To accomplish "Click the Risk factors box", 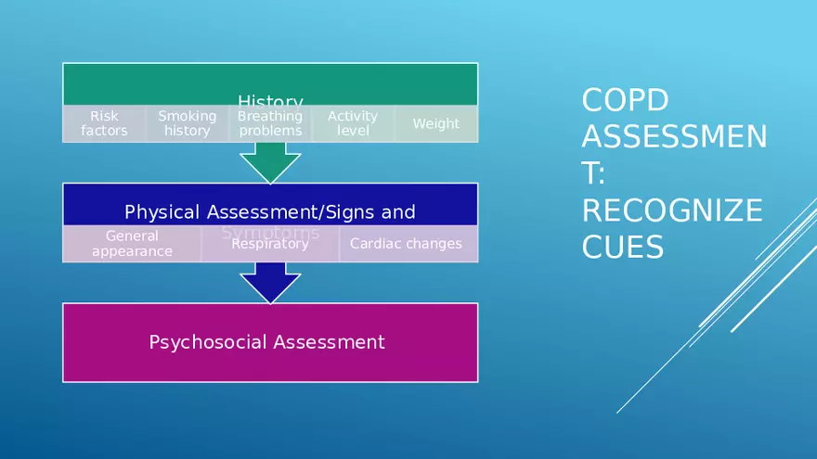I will (x=104, y=123).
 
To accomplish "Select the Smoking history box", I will (x=187, y=123).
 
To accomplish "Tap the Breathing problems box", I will (x=270, y=123).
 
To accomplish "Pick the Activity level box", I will (x=353, y=123).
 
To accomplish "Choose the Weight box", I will (x=435, y=123).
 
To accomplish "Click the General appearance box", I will (x=132, y=244).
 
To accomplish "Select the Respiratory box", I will (x=269, y=244).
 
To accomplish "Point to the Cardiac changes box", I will (x=406, y=244).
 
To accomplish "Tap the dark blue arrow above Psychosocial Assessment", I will (x=270, y=282).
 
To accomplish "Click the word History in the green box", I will (x=270, y=101).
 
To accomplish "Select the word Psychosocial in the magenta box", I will (x=203, y=342).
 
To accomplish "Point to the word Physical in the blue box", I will (x=161, y=212).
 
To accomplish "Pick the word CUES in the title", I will (x=622, y=248).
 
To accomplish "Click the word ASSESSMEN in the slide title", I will (x=674, y=138).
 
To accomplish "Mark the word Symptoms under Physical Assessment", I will (x=270, y=231).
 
